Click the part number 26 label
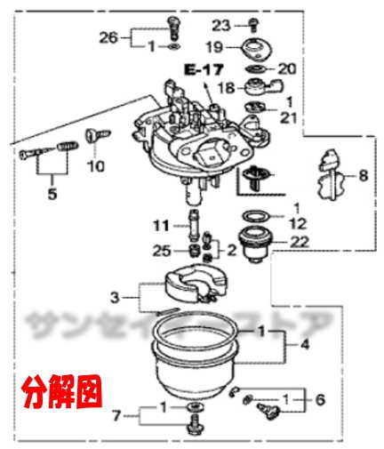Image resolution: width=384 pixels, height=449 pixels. pyautogui.click(x=108, y=36)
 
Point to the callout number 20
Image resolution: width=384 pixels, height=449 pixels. pyautogui.click(x=285, y=68)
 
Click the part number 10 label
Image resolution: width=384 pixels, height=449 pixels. pyautogui.click(x=95, y=164)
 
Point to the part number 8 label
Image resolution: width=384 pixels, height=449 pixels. pyautogui.click(x=362, y=176)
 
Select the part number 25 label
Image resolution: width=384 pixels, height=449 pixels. pyautogui.click(x=159, y=252)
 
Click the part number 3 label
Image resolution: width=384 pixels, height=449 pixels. pyautogui.click(x=114, y=296)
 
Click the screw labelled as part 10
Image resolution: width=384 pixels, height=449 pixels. pyautogui.click(x=91, y=140)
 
